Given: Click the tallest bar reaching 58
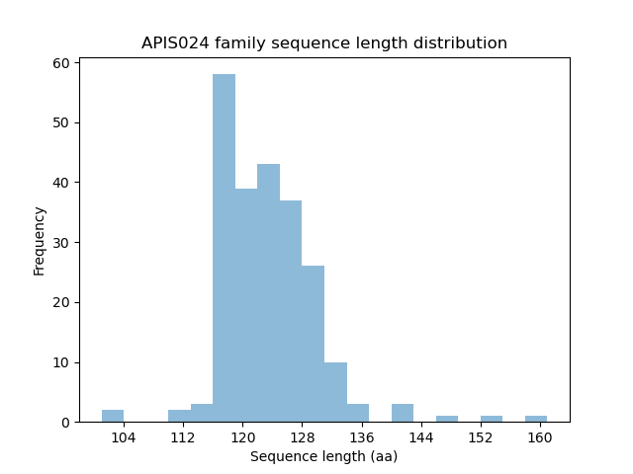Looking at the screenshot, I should pos(224,248).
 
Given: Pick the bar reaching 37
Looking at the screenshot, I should pos(291,310).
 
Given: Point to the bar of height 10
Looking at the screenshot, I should pos(335,392).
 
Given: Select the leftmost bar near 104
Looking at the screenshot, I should pos(113,416).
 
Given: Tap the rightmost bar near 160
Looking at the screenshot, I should pos(536,419).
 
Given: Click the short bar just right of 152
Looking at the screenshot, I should pos(492,419).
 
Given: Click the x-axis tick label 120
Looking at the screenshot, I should pos(242,437).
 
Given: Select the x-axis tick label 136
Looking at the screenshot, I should pos(361,437).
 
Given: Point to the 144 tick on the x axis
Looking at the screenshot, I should pos(420,437).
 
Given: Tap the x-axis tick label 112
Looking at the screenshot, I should pos(183,437).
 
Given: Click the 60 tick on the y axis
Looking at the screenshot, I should pos(61,63).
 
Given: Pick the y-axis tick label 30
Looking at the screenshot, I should pos(61,243).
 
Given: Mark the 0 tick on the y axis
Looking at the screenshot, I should pos(65,423).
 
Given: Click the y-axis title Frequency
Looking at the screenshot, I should pos(40,240).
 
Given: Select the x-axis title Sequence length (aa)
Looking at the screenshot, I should pos(323,456).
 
